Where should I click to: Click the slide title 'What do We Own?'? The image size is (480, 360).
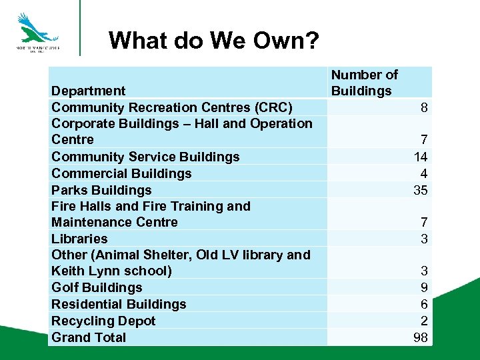tap(213, 41)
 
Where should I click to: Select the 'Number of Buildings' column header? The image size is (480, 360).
tap(364, 83)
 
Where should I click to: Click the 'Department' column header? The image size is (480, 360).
tap(88, 91)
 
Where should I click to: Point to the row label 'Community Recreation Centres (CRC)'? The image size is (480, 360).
tap(172, 107)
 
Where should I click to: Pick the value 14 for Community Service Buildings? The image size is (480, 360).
tap(420, 157)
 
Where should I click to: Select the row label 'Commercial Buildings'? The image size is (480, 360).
tap(121, 173)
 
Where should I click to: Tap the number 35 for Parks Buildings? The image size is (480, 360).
tap(420, 190)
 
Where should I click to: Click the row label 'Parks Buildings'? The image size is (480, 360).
tap(101, 190)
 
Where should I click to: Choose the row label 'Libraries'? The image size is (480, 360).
tap(79, 239)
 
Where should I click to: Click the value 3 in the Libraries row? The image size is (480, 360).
tap(423, 239)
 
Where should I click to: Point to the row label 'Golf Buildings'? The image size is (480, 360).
tap(97, 287)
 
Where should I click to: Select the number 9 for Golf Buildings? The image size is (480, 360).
tap(423, 287)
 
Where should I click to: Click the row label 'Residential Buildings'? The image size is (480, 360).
tap(119, 304)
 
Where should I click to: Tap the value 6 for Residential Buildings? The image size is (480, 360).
tap(423, 304)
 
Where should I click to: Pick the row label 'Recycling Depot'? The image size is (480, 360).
tap(103, 321)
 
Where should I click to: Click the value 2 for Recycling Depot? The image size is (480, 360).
tap(423, 321)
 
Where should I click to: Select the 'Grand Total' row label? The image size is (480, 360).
tap(89, 337)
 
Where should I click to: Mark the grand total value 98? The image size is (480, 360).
tap(420, 337)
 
